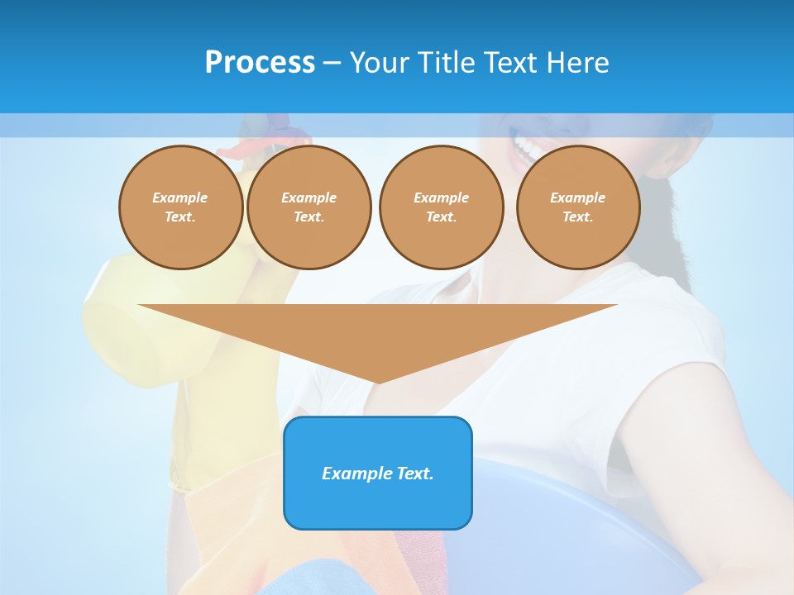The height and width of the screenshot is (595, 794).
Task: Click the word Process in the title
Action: tap(260, 62)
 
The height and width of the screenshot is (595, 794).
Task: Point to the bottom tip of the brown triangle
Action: tap(378, 382)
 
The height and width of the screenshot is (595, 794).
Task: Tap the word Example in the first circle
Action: tap(179, 198)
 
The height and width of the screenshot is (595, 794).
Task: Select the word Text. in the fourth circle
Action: tap(577, 217)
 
